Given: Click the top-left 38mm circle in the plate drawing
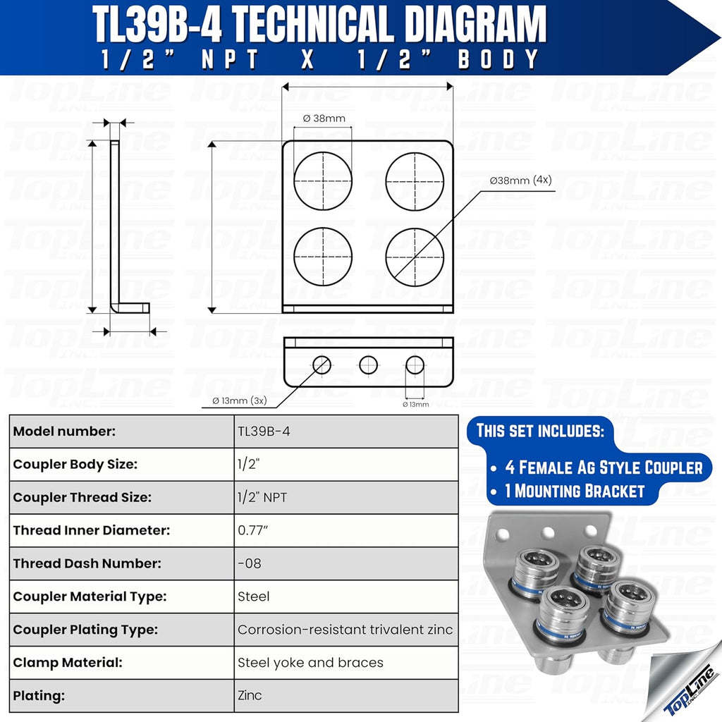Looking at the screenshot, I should [x=323, y=180].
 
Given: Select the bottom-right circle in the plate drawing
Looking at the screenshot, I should [x=415, y=256].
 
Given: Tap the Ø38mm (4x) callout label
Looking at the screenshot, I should [x=521, y=180].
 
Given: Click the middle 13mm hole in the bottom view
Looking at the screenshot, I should [x=368, y=365].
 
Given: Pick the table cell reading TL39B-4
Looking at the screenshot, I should [x=264, y=432].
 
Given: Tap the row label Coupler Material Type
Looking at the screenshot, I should [x=90, y=596].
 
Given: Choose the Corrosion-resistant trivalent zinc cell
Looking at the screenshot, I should [x=345, y=630].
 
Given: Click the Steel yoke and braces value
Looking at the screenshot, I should [x=310, y=663].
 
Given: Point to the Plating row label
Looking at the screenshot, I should [x=39, y=695].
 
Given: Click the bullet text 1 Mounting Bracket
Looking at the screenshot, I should [x=575, y=491].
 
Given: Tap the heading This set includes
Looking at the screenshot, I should [x=540, y=430].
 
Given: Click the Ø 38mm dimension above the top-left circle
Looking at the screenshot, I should [x=324, y=118].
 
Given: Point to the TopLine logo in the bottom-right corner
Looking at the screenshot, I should [x=690, y=691].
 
